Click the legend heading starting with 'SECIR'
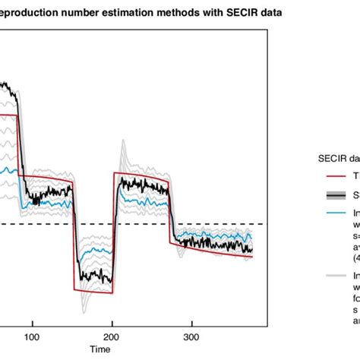point(338,159)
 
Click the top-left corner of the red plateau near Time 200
point(115,173)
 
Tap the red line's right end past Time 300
point(253,257)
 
